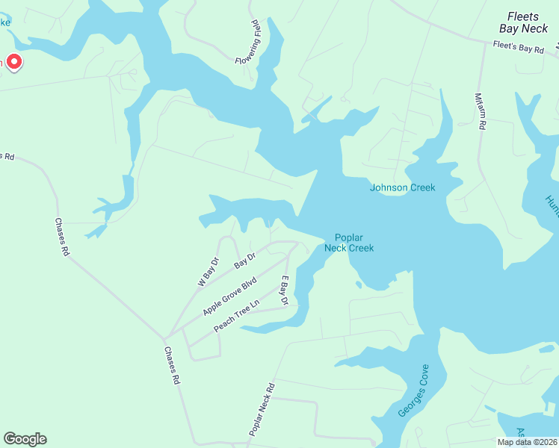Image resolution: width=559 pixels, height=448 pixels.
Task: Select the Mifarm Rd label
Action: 481,112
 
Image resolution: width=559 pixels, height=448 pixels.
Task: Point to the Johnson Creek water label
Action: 402,187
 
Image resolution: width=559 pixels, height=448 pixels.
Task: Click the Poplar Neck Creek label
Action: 349,243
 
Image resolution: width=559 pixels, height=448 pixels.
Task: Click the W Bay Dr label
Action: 208,273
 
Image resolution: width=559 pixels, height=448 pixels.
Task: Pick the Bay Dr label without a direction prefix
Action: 245,261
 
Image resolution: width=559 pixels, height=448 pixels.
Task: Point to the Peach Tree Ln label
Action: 235,317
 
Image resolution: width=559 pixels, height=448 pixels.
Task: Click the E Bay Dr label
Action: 284,290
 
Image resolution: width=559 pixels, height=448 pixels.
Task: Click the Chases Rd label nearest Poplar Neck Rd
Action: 171,366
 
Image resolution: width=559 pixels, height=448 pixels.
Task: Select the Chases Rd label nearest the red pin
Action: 61,237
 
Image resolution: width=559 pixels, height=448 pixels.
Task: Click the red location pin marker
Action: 14,61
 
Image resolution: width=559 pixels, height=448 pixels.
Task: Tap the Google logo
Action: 25,439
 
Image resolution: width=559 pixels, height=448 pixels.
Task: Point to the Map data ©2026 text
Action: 527,442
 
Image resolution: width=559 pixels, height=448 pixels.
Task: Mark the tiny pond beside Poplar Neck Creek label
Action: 358,284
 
